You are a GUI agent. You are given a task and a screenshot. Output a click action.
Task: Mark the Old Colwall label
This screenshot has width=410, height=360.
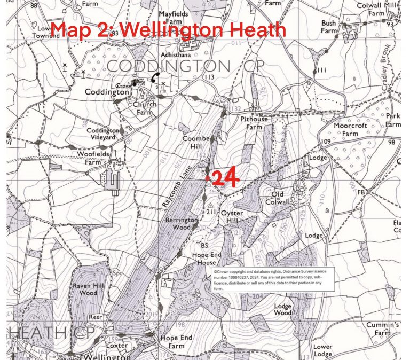tap(285, 198)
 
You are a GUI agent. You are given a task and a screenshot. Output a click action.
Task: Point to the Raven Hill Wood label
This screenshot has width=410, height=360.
tap(85, 289)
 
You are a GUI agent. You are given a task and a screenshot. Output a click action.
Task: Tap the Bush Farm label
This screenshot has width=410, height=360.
tap(329, 27)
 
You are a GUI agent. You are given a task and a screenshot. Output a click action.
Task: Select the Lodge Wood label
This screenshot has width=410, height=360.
tap(282, 309)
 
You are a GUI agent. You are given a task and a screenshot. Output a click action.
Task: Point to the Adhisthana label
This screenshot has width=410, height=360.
tap(175, 55)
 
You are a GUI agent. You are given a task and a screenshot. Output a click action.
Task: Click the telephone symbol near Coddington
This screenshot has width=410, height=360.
tap(155, 76)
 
